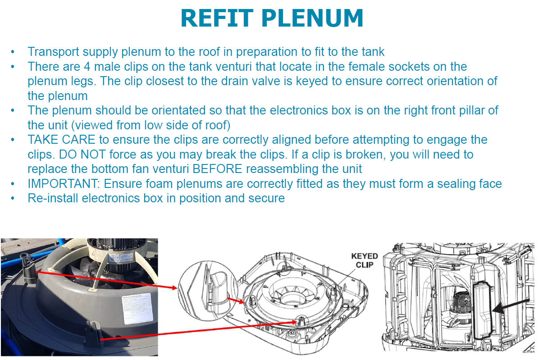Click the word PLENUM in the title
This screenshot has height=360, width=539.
pos(312,18)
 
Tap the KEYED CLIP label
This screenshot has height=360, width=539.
pos(365,260)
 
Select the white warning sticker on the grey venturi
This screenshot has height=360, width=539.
pos(137,310)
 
